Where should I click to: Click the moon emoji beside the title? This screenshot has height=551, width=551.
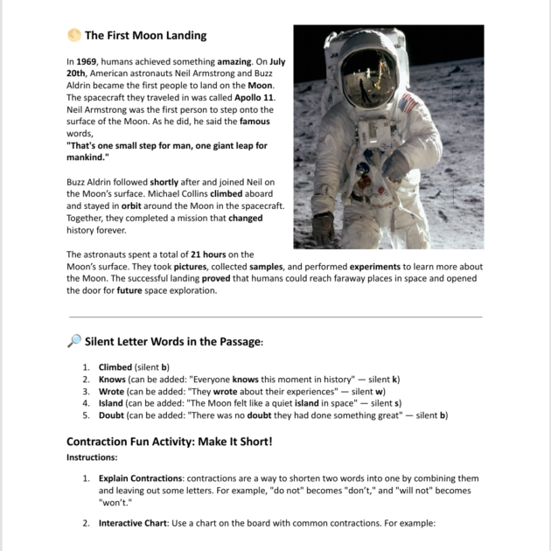click(x=73, y=36)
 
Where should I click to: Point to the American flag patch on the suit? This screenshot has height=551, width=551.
click(x=408, y=105)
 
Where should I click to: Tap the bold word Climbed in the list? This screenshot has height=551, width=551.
click(x=115, y=367)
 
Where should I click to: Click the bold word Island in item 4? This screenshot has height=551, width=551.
click(x=113, y=403)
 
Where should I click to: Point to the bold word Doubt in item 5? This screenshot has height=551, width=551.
click(x=114, y=415)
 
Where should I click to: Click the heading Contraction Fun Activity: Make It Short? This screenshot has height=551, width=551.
click(x=170, y=442)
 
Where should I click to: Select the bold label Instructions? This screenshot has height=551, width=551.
click(x=92, y=457)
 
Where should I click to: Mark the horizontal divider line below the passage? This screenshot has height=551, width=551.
click(x=275, y=317)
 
